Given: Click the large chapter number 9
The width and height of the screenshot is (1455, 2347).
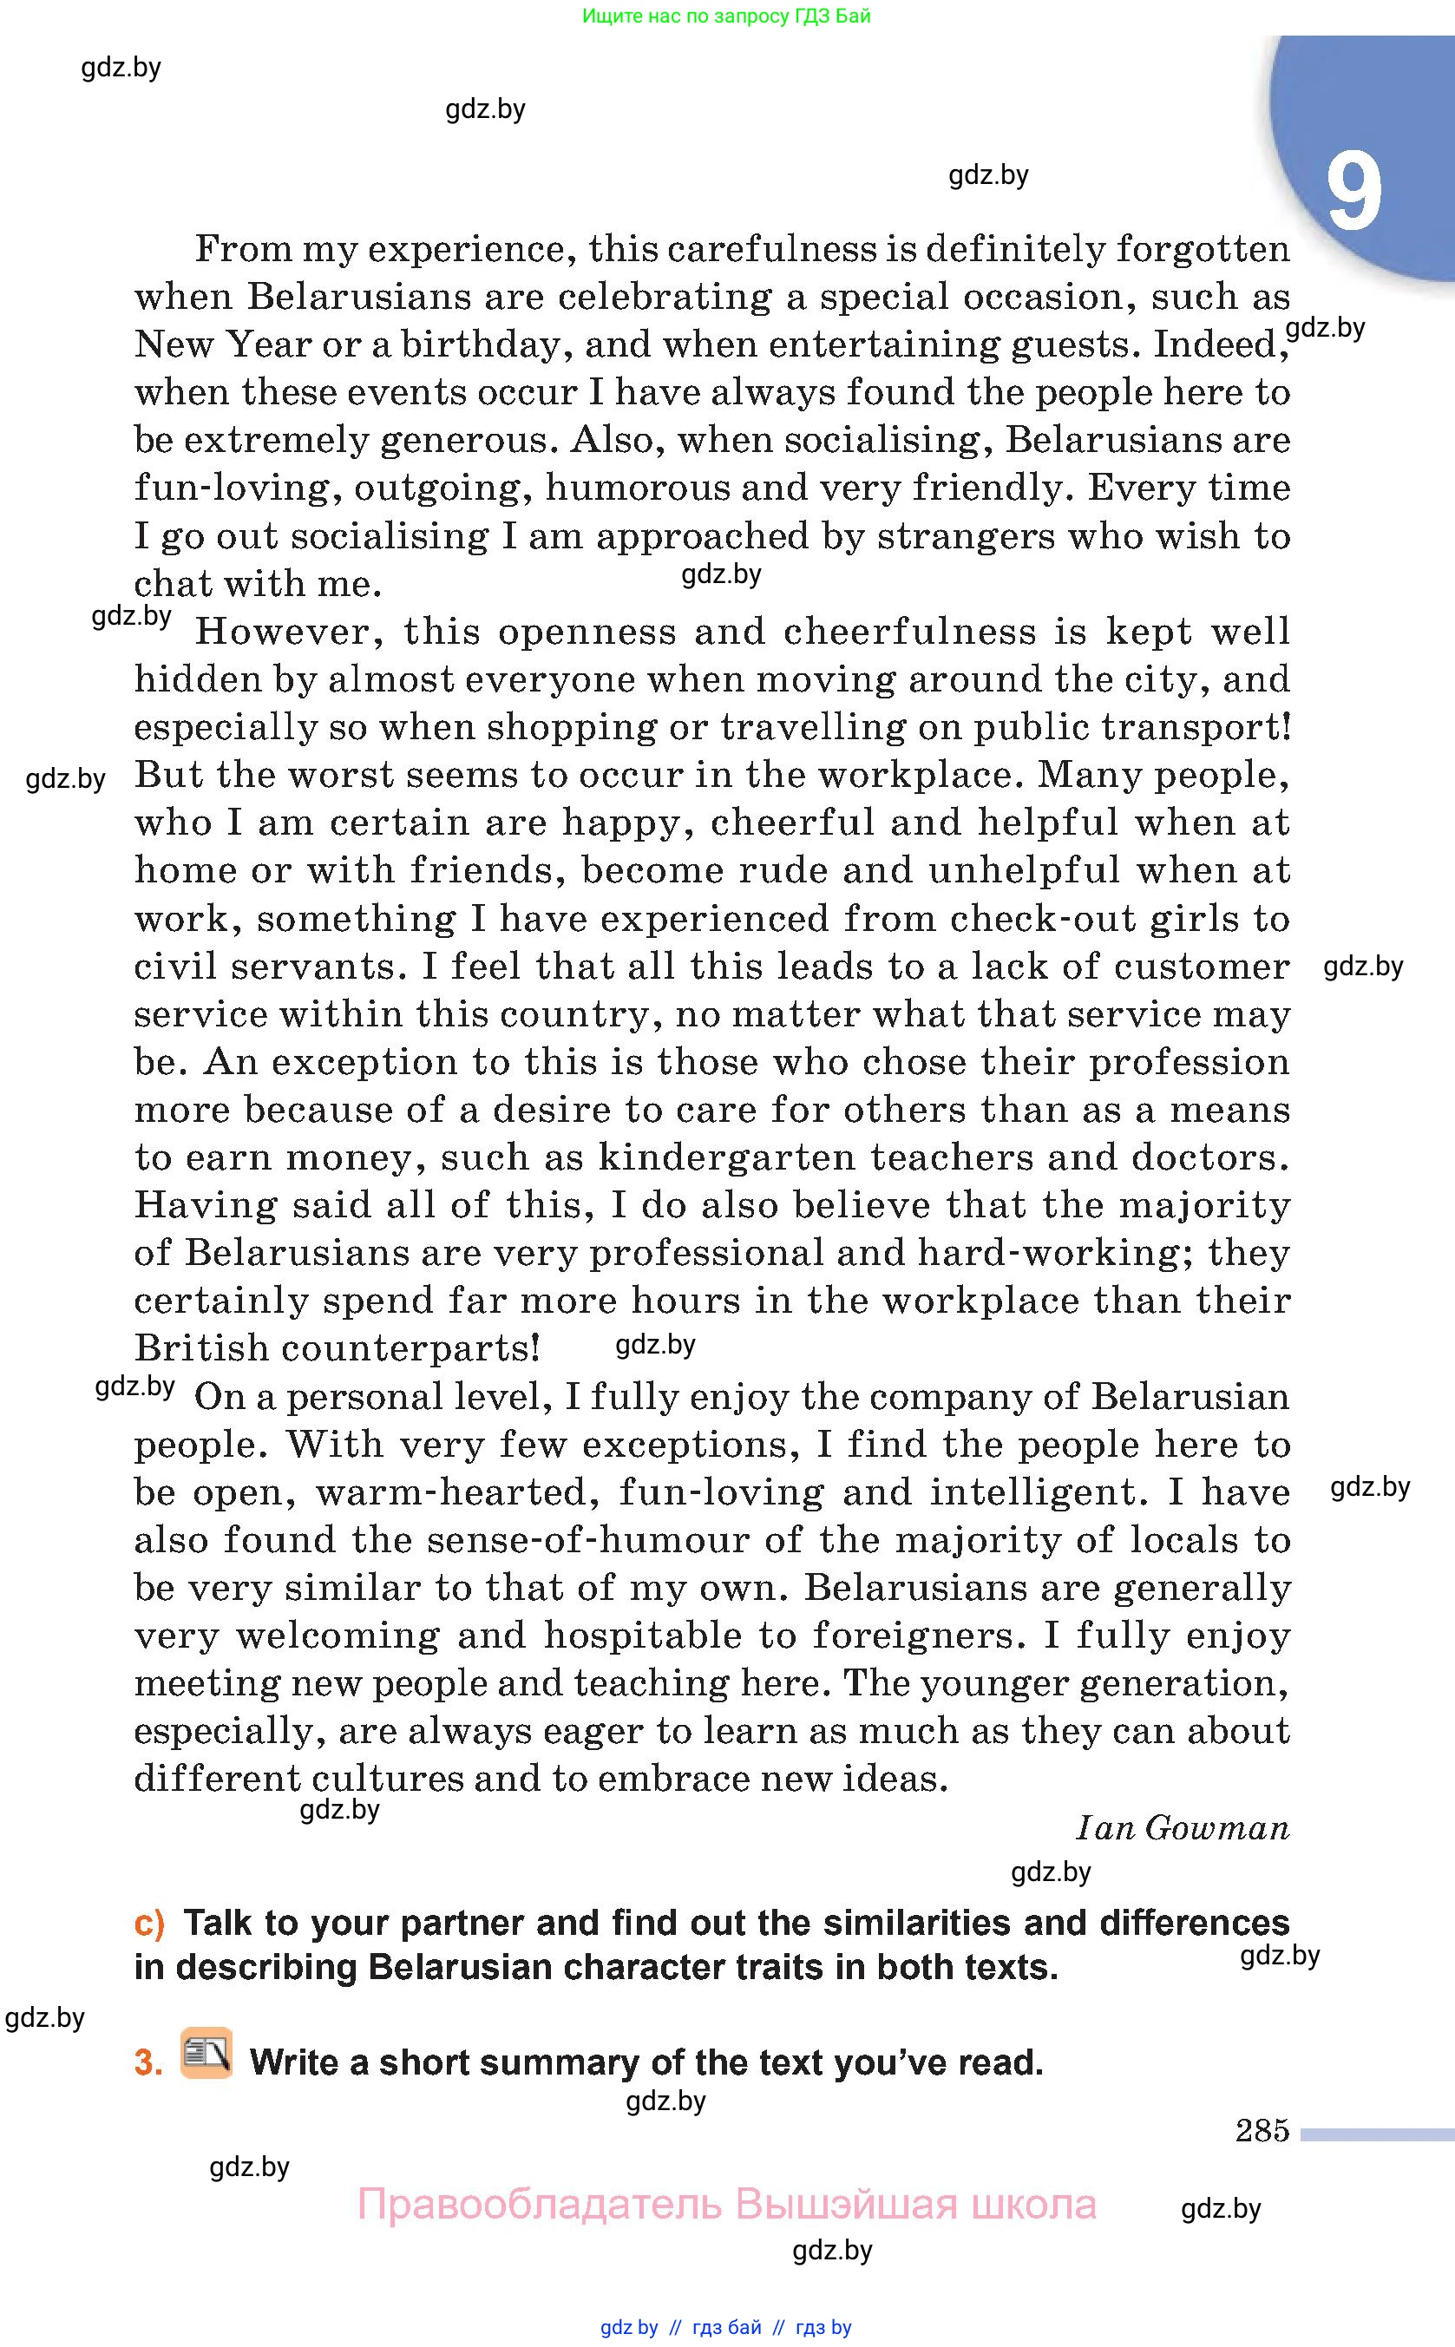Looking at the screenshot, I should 1354,193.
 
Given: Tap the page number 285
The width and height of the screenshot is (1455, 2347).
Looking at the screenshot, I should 1262,2130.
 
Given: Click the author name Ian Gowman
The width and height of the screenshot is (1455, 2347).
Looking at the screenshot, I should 1183,1827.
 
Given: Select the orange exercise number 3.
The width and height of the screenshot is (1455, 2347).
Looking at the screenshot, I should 148,2062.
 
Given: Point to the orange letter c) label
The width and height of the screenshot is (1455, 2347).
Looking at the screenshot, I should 149,1922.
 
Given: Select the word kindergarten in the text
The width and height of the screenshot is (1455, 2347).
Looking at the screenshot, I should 726,1157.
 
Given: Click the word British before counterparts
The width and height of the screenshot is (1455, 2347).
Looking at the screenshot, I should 201,1347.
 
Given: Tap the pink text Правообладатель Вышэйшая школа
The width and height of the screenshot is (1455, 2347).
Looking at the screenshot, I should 726,2204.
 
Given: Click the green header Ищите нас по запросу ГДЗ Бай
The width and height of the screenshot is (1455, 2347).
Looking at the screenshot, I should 726,16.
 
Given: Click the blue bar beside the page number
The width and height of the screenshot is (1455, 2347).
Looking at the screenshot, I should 1377,2134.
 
